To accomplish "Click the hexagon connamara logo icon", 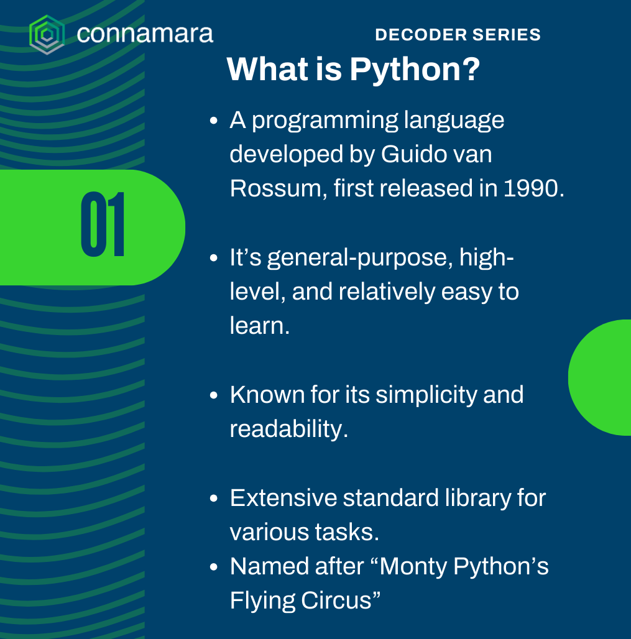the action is click(x=47, y=35).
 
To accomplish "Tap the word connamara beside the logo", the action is click(x=145, y=34).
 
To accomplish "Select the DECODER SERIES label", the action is click(x=458, y=35).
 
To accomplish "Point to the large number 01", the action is click(x=103, y=224).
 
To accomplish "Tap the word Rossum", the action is click(x=275, y=188).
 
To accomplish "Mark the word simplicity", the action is click(x=426, y=395).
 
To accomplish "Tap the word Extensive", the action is click(x=283, y=498).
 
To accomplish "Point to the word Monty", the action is click(x=413, y=567).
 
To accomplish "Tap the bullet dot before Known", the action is click(x=214, y=395).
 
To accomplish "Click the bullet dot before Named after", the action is click(x=214, y=567).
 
